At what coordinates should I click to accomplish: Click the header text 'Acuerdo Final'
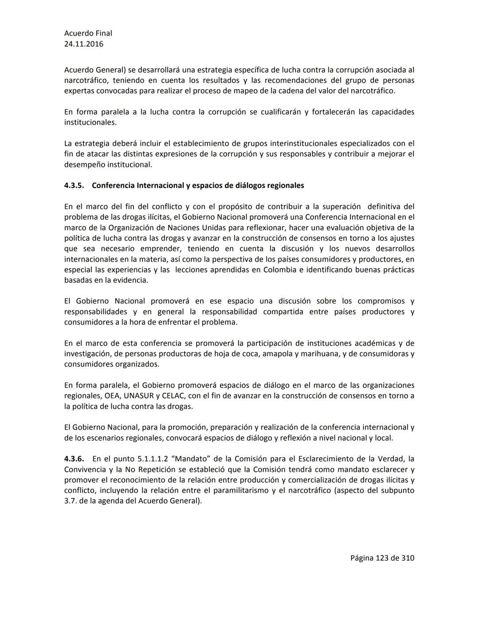pos(88,33)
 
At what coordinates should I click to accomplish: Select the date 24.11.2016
pos(84,44)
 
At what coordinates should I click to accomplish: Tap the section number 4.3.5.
pos(74,186)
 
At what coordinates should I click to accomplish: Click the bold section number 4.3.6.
pos(74,459)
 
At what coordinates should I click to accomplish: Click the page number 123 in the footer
pos(382,558)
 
